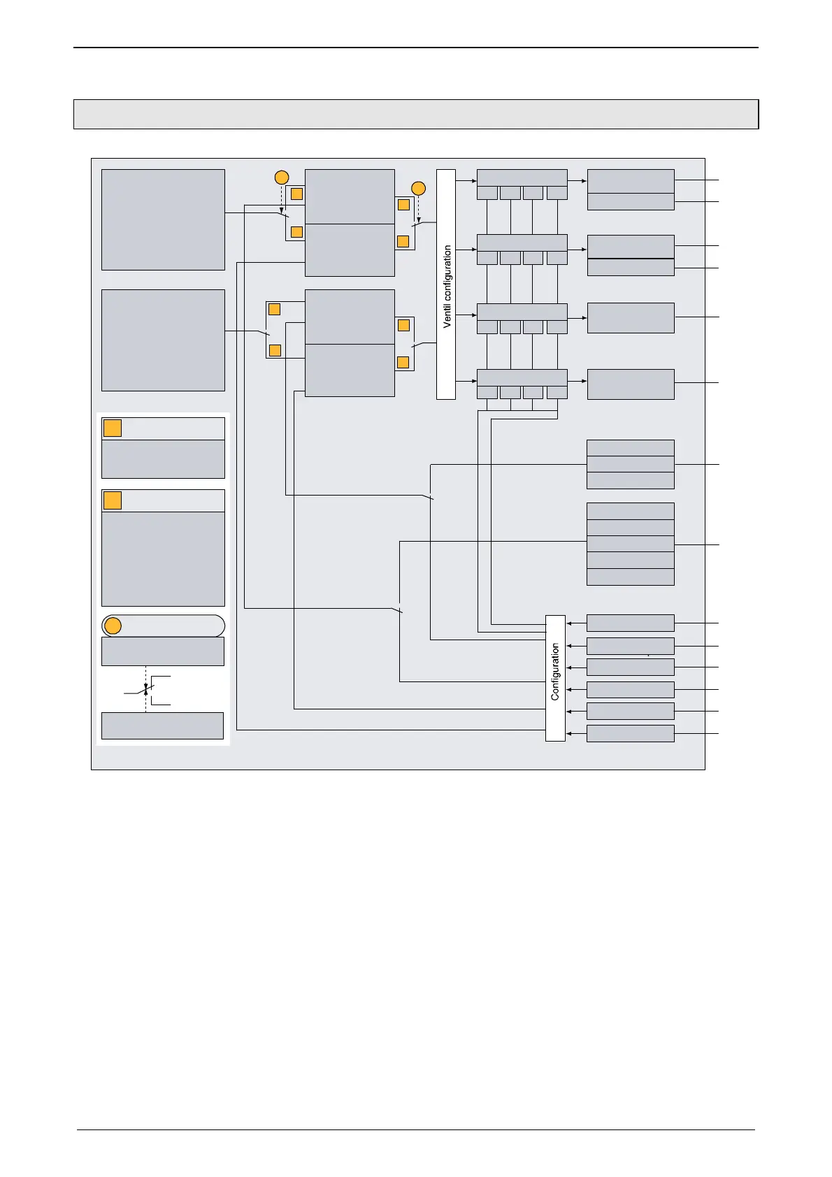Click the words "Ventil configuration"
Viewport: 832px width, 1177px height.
coord(447,286)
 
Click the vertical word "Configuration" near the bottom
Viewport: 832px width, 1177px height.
coord(555,672)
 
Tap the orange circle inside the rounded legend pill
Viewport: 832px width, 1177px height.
coord(113,626)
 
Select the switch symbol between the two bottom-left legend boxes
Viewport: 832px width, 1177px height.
coord(145,690)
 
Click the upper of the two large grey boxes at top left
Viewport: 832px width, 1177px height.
coord(163,219)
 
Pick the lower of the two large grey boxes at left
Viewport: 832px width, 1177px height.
coord(163,340)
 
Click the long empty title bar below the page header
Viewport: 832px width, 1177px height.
coord(416,114)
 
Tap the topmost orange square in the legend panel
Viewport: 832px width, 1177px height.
coord(113,428)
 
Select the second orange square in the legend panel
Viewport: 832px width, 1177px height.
coord(113,500)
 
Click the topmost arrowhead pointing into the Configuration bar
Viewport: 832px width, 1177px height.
coord(569,623)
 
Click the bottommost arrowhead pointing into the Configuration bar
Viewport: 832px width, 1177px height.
coord(569,733)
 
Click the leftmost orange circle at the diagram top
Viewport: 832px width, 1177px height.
coord(281,177)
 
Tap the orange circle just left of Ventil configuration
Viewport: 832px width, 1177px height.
coord(418,188)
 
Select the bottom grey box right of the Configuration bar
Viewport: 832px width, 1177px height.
coord(630,733)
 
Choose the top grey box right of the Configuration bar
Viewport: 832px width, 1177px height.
coord(630,623)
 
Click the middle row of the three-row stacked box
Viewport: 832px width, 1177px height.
coord(630,464)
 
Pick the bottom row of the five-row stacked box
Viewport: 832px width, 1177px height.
coord(630,577)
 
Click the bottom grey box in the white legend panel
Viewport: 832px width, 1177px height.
coord(162,725)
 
